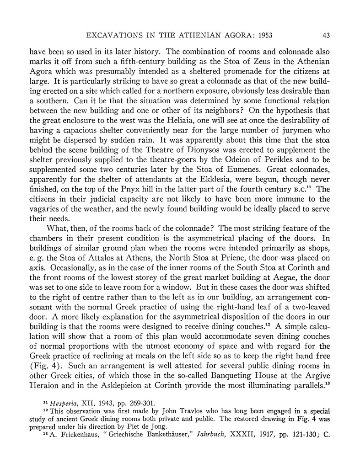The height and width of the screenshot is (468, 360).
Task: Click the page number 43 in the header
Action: [x=326, y=35]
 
